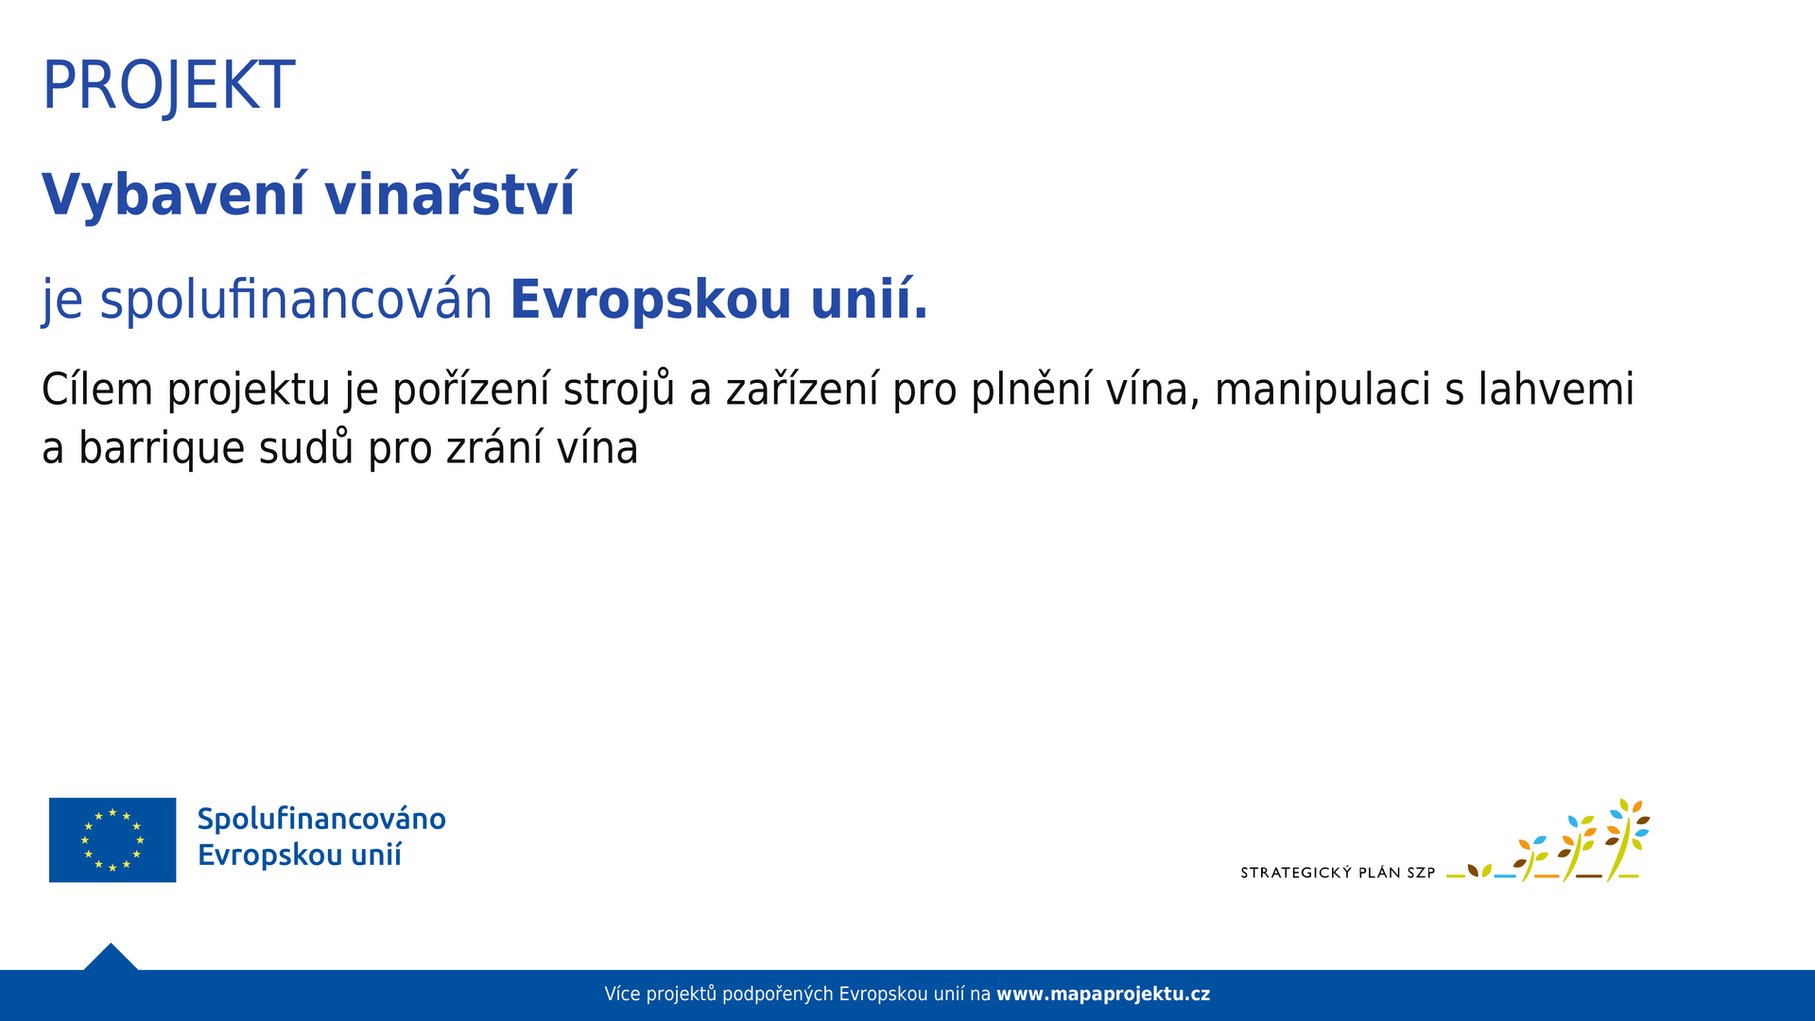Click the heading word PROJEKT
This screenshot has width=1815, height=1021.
(x=168, y=86)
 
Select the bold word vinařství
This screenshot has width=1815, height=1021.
(x=450, y=194)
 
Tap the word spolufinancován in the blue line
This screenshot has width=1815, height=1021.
(x=296, y=300)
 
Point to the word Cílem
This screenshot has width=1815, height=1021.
(x=97, y=389)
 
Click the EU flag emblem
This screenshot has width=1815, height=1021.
(x=112, y=839)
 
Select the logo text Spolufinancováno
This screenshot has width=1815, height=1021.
(x=321, y=819)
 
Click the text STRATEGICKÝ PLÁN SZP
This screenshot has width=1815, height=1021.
(x=1338, y=873)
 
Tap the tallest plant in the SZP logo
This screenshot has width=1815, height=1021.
(x=1626, y=839)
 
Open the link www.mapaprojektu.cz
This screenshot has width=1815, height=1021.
(x=1103, y=995)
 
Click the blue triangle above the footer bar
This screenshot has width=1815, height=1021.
(x=111, y=959)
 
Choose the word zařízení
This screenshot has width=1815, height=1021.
(x=803, y=389)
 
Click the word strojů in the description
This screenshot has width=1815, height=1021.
(x=619, y=390)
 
